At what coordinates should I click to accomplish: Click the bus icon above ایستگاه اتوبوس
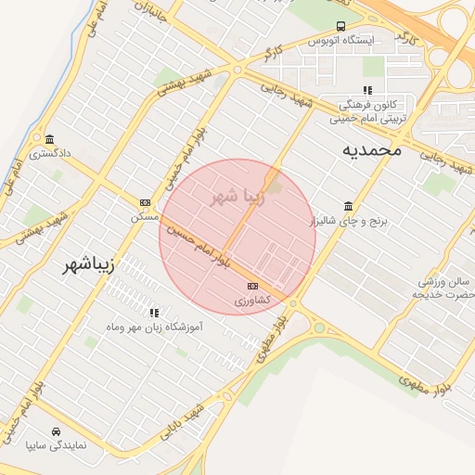pyautogui.click(x=341, y=26)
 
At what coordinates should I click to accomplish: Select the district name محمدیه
pyautogui.click(x=370, y=148)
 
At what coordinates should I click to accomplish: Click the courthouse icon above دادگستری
pyautogui.click(x=48, y=140)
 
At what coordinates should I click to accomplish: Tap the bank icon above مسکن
pyautogui.click(x=145, y=202)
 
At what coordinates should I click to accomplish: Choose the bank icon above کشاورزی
pyautogui.click(x=252, y=286)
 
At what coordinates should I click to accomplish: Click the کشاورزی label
pyautogui.click(x=251, y=301)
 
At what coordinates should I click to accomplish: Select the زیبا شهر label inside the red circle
pyautogui.click(x=238, y=197)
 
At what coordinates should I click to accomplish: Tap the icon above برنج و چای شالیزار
pyautogui.click(x=348, y=206)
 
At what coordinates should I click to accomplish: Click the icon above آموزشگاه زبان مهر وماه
pyautogui.click(x=154, y=313)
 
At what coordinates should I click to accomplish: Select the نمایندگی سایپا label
pyautogui.click(x=57, y=446)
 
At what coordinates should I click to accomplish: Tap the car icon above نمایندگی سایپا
pyautogui.click(x=57, y=431)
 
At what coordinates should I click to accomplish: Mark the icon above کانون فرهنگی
pyautogui.click(x=367, y=90)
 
